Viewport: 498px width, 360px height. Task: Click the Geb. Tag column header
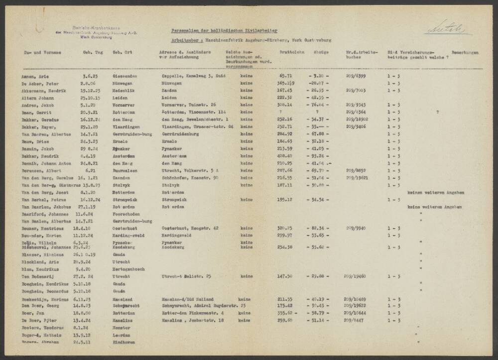point(93,52)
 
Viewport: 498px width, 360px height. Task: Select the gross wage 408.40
point(285,155)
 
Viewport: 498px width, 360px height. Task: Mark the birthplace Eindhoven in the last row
point(124,343)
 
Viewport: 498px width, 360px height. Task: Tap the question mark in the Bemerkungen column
point(437,113)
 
